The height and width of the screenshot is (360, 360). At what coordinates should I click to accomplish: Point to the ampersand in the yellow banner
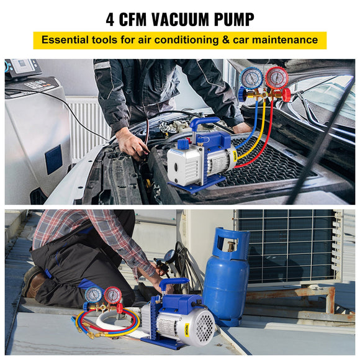click(x=218, y=40)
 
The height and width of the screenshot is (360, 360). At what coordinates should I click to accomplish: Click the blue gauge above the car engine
click(x=252, y=78)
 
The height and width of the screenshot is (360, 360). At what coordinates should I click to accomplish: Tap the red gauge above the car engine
click(x=276, y=78)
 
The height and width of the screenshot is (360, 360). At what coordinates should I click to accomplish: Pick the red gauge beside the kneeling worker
click(x=113, y=294)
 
